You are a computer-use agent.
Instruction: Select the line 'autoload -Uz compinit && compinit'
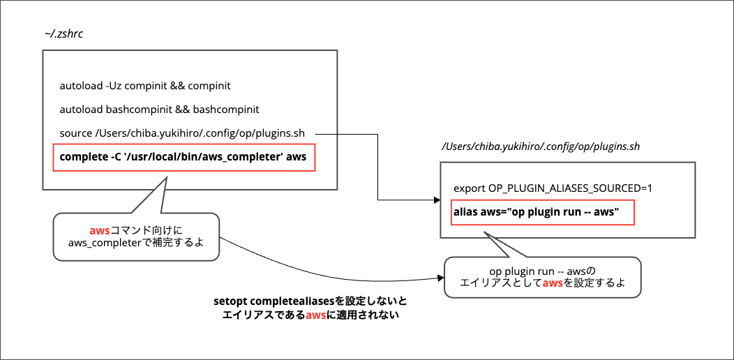coord(145,87)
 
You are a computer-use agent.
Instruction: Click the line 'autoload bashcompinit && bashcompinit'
coord(159,110)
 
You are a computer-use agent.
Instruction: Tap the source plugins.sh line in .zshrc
coord(187,133)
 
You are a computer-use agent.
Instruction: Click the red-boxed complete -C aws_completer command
coord(183,157)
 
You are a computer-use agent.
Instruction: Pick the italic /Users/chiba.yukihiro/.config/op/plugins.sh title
coord(541,147)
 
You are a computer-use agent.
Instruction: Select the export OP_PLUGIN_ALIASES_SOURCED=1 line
coord(553,188)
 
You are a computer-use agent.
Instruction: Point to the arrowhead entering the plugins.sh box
coord(435,201)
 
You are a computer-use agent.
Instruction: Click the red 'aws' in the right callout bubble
coord(553,284)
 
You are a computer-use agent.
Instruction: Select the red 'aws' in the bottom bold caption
coord(315,315)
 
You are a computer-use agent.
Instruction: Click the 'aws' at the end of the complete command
coord(297,157)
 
